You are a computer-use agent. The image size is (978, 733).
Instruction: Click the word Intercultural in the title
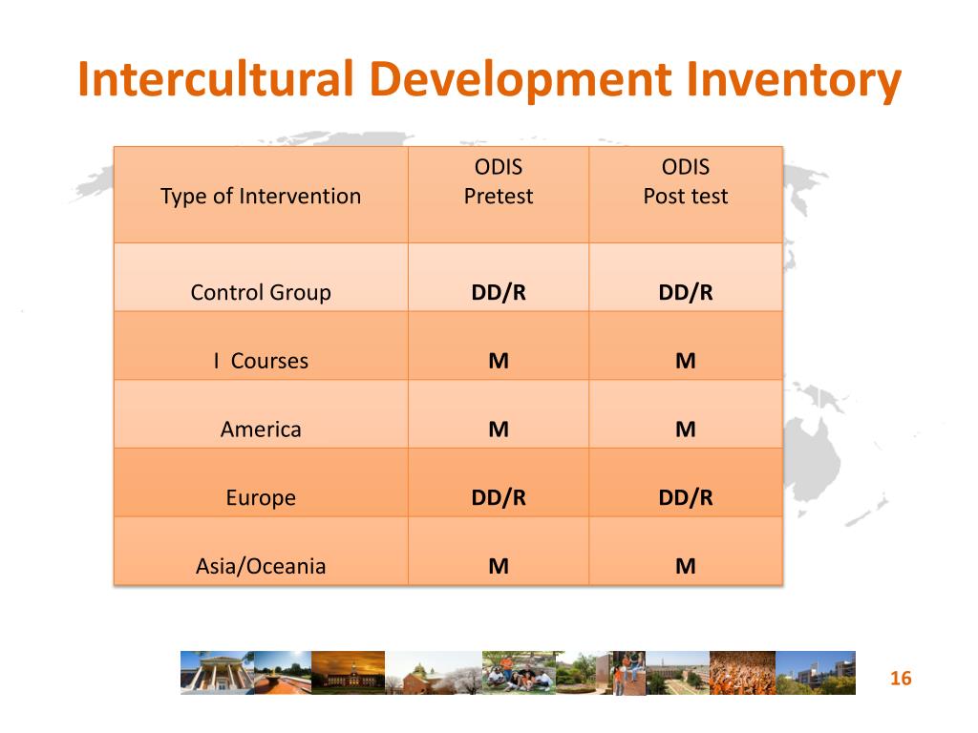pyautogui.click(x=217, y=80)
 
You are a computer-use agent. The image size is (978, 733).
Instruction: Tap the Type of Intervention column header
pyautogui.click(x=261, y=197)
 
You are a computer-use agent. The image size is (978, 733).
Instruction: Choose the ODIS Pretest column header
pyautogui.click(x=498, y=182)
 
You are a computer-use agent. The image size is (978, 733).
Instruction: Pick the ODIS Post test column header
pyautogui.click(x=685, y=182)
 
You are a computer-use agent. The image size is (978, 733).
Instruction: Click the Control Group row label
pyautogui.click(x=261, y=292)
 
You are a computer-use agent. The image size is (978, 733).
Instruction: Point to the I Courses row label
pyautogui.click(x=261, y=361)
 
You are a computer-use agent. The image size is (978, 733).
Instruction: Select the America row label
pyautogui.click(x=261, y=429)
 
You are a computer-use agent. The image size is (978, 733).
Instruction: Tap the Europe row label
pyautogui.click(x=261, y=498)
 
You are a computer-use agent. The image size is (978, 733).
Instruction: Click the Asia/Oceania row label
pyautogui.click(x=261, y=567)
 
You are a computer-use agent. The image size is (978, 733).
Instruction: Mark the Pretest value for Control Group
pyautogui.click(x=498, y=292)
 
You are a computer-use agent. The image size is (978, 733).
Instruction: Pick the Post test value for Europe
pyautogui.click(x=685, y=498)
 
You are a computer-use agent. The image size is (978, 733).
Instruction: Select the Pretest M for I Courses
pyautogui.click(x=498, y=361)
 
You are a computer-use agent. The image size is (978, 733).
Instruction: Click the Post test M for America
pyautogui.click(x=685, y=429)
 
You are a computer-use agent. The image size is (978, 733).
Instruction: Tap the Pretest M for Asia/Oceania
pyautogui.click(x=498, y=567)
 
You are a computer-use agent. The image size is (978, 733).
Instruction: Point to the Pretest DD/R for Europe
pyautogui.click(x=498, y=498)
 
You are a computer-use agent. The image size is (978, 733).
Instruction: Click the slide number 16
pyautogui.click(x=901, y=679)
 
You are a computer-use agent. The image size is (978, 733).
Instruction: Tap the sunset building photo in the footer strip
pyautogui.click(x=348, y=673)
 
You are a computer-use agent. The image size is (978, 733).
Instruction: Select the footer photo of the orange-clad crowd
pyautogui.click(x=742, y=673)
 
